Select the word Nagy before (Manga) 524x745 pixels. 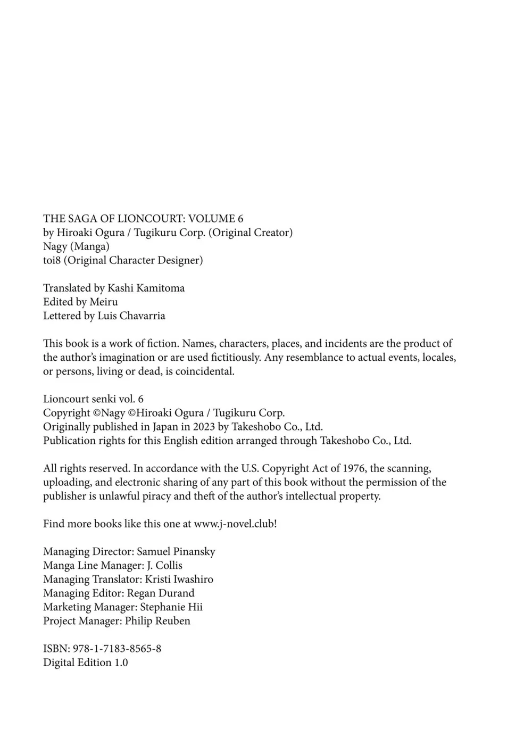point(55,246)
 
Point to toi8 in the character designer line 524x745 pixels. point(53,260)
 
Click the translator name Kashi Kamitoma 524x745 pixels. point(146,288)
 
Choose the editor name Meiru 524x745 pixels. point(104,302)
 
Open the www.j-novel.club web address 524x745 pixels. point(234,524)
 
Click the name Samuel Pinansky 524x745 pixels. point(176,551)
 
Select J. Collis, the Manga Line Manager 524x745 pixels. point(164,565)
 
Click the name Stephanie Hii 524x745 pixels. point(171,607)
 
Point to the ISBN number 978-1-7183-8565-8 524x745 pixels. point(117,649)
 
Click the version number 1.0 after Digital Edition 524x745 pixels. point(121,663)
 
